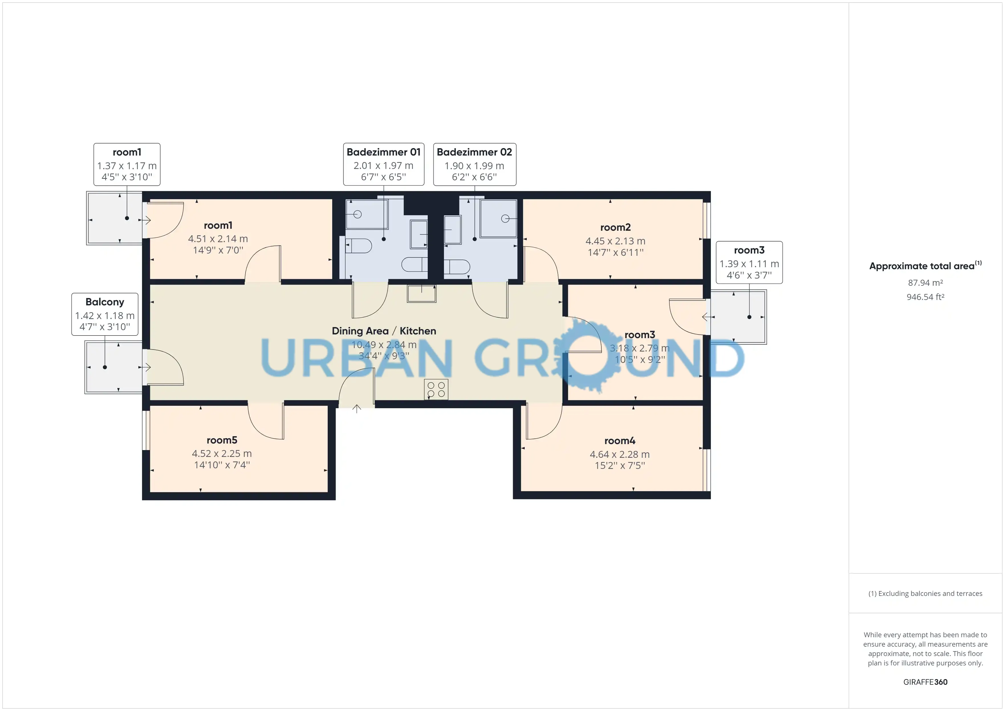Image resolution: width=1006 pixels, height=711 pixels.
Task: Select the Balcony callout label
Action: click(105, 302)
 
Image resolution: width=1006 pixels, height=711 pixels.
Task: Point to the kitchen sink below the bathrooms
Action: click(421, 293)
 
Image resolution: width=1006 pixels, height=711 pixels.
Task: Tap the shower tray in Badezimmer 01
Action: click(367, 214)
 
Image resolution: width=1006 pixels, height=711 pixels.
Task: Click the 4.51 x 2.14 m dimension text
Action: click(218, 239)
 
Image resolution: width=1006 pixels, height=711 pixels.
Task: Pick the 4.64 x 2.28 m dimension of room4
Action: click(620, 454)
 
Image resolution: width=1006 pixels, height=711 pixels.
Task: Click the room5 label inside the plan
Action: click(222, 440)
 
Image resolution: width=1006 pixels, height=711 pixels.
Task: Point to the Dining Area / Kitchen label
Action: click(384, 331)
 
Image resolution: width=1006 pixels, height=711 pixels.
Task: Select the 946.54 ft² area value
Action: click(925, 297)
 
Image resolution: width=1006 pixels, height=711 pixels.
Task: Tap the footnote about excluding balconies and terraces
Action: click(925, 593)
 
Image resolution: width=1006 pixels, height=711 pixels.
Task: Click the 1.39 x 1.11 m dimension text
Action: click(749, 263)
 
